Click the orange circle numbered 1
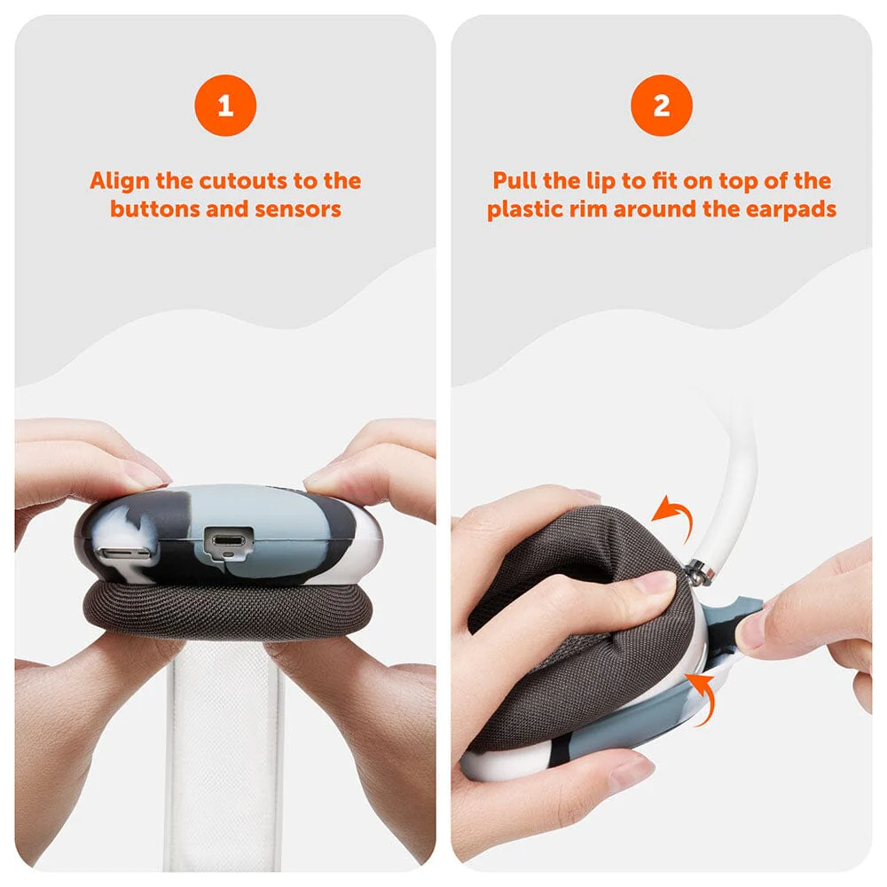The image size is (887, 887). point(225,106)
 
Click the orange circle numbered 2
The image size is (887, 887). point(662,106)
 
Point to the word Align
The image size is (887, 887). point(120,182)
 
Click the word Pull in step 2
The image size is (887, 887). point(514,181)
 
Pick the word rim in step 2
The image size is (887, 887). point(588,209)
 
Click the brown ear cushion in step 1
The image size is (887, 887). point(227,611)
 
